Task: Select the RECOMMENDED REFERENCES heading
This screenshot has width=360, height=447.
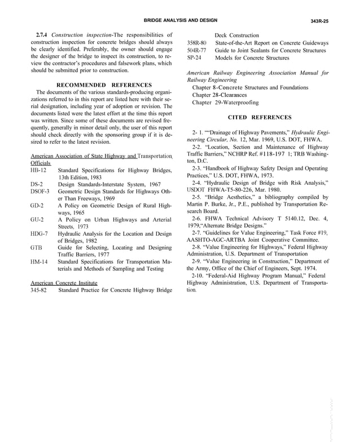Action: point(104,85)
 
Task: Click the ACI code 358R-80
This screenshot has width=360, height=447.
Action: point(196,43)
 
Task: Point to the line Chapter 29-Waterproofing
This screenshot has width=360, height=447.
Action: point(225,103)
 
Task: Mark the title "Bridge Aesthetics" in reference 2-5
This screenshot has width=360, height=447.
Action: point(228,197)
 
